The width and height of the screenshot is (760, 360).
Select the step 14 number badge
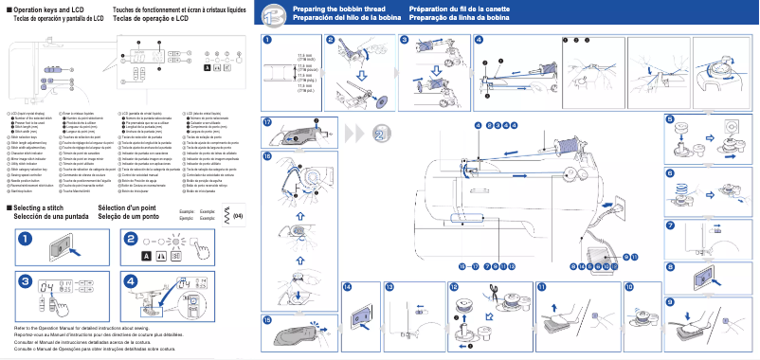pos(347,286)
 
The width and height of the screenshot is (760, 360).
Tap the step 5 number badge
pos(670,120)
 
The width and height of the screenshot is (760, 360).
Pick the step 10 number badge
pos(629,286)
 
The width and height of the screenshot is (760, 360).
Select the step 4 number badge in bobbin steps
pos(479,40)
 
